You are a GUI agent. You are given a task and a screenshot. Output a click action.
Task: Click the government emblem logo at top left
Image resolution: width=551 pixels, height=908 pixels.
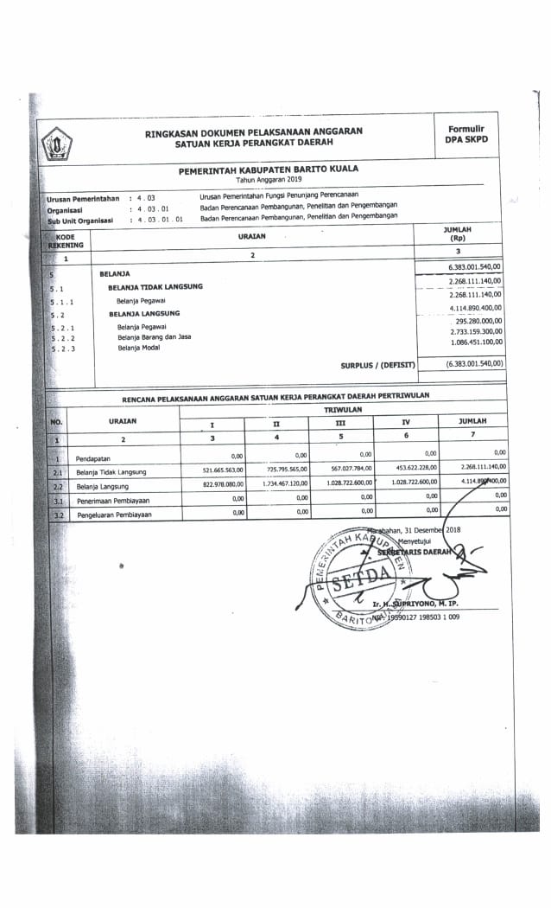point(59,142)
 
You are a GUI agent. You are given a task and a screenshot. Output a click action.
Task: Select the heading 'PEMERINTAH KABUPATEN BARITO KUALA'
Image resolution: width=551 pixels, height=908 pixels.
point(269,170)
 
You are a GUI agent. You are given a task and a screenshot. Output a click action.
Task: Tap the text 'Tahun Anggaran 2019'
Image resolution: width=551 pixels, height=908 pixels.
point(269,180)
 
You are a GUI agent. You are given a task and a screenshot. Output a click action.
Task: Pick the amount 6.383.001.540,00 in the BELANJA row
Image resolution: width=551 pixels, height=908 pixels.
point(475,267)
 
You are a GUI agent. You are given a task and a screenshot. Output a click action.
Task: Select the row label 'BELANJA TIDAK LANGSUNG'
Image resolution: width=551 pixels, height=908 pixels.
point(155,286)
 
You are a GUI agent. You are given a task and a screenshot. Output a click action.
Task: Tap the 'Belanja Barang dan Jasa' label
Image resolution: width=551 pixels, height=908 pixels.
point(155,337)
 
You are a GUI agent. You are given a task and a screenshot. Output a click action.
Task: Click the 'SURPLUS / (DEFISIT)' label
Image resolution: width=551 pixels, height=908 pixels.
point(377,366)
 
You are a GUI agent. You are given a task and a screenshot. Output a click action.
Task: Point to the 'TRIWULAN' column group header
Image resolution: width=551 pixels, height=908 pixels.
point(343,407)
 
